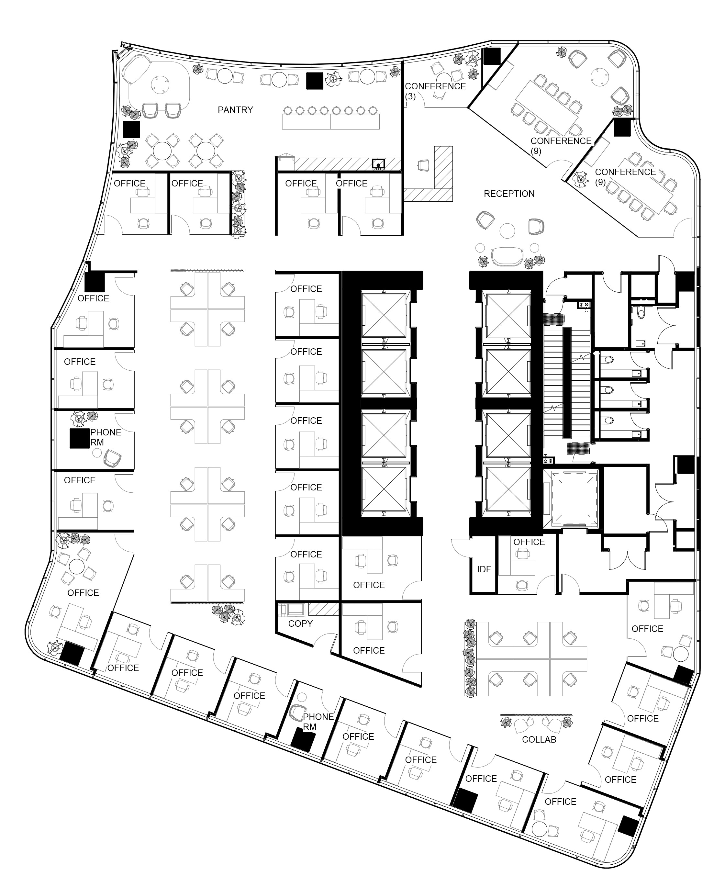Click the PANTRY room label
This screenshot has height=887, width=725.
coord(235,110)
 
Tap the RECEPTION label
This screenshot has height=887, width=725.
coord(509,194)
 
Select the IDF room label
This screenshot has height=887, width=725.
coord(484,569)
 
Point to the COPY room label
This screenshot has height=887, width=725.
coord(300,623)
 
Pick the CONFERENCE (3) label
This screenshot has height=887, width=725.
coord(435,91)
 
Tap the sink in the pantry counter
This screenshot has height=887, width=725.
coord(378,164)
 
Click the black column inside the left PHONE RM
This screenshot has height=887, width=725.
coord(79,439)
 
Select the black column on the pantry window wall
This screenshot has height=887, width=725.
coord(315,81)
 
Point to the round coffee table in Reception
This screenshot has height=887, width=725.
coord(507,231)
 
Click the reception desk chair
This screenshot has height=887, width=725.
coord(423,165)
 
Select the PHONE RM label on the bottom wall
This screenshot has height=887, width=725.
coord(318,722)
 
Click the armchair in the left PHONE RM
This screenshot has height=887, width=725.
coord(112,458)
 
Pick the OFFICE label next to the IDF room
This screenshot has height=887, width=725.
coord(529,542)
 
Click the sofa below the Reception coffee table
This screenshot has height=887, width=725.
coord(507,257)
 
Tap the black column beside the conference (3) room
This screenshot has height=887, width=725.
coord(492,56)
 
